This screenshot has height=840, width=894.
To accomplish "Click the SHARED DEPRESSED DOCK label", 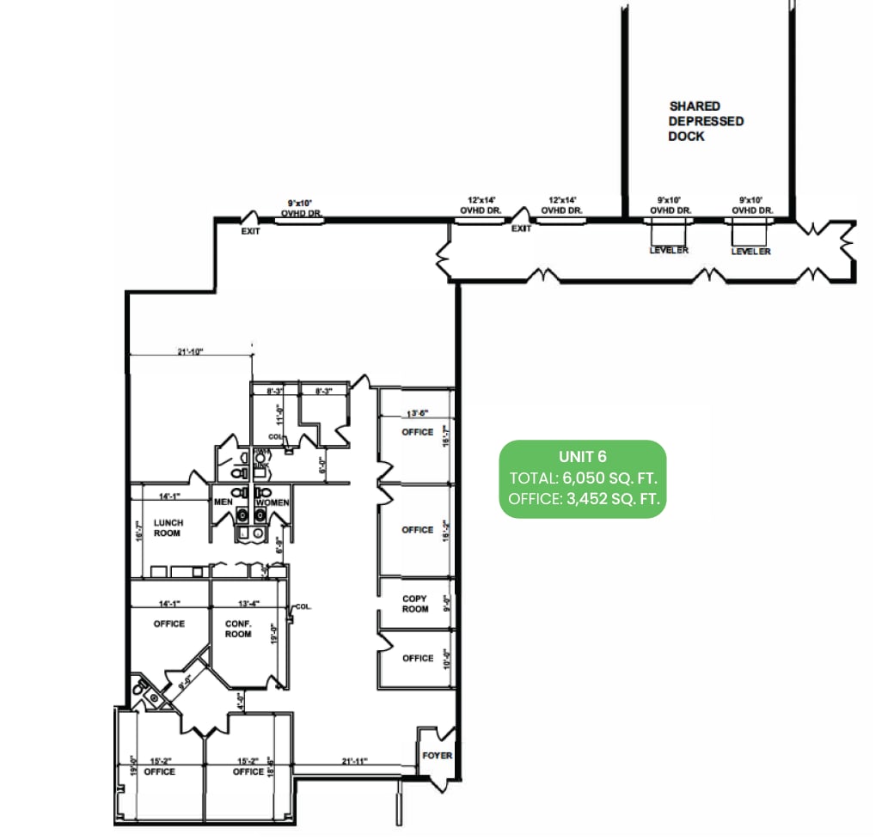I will (707, 121).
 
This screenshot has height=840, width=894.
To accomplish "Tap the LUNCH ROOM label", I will (168, 527).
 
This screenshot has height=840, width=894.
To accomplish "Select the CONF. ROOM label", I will (238, 629).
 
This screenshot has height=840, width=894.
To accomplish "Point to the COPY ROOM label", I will (415, 604).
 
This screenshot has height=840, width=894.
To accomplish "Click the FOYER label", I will (437, 756).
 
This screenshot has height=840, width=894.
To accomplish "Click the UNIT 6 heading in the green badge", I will (583, 456).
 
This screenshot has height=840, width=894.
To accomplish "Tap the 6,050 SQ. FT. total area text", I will (610, 478).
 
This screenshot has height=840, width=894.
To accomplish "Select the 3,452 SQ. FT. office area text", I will (611, 498).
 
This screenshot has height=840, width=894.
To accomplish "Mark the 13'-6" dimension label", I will (418, 412).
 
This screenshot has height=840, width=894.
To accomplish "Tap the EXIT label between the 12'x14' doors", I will (522, 229).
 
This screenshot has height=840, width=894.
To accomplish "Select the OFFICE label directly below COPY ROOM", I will (418, 659).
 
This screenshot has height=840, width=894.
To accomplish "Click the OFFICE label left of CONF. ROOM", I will (169, 624).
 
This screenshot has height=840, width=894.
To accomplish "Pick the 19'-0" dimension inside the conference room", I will (274, 636).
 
